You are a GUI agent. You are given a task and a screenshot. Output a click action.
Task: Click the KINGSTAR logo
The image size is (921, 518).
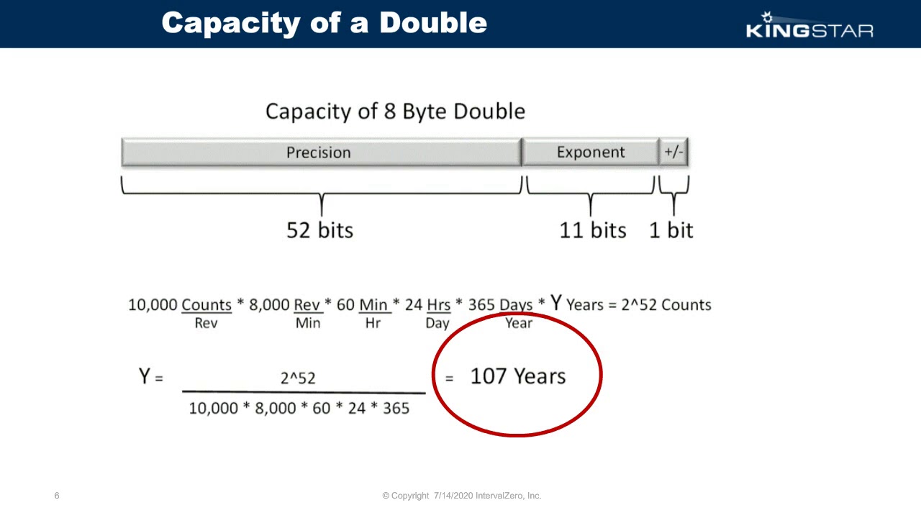[x=809, y=26]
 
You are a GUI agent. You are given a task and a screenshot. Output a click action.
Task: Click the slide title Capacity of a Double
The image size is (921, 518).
[x=325, y=23]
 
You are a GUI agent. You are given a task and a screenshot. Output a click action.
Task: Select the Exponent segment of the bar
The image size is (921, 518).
[x=590, y=153]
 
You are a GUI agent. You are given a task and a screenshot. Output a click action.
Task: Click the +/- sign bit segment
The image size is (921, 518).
[x=674, y=153]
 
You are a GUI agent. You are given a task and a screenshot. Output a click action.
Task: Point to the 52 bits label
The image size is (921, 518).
[x=319, y=230]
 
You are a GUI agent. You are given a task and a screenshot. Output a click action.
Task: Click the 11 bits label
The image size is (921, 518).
[x=593, y=230]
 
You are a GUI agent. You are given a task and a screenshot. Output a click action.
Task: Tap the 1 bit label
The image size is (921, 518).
[x=671, y=230]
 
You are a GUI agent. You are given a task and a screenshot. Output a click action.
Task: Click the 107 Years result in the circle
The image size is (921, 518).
[x=517, y=376]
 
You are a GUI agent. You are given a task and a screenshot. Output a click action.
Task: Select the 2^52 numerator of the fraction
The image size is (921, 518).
[x=298, y=378]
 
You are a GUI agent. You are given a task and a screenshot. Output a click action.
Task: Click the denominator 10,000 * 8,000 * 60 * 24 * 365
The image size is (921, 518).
[x=299, y=409]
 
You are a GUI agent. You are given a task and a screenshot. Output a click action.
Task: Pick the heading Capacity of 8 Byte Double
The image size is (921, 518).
[x=395, y=112]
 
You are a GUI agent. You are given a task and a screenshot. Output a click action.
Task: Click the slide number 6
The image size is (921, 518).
[x=57, y=496]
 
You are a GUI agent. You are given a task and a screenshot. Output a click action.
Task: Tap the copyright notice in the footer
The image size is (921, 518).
[x=461, y=496]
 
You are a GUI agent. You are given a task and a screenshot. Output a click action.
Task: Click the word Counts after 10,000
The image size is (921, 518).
[x=207, y=305]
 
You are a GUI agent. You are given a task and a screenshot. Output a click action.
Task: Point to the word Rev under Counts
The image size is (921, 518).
[x=206, y=323]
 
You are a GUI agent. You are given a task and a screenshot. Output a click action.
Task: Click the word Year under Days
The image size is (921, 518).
[x=518, y=323]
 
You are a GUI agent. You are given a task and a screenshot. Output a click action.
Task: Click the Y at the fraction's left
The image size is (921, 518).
[x=145, y=376]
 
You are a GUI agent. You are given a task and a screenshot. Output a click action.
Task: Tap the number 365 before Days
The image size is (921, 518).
[x=481, y=305]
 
